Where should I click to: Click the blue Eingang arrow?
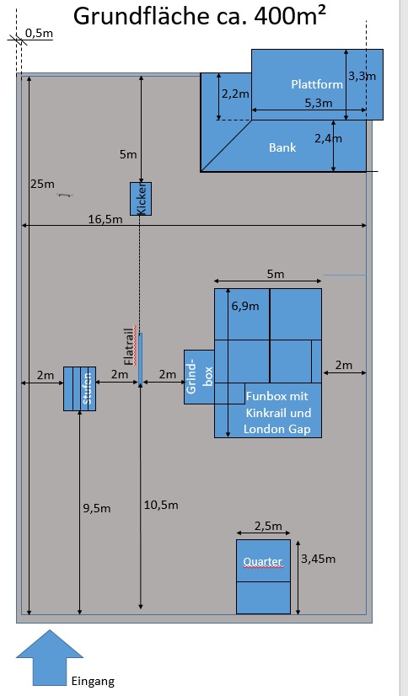50,657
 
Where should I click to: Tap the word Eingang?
93,682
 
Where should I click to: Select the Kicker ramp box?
141,199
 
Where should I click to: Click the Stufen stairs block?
79,388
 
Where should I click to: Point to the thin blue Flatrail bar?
140,359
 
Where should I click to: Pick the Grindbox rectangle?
199,377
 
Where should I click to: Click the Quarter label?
263,561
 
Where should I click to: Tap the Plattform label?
317,84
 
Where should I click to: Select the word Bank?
282,147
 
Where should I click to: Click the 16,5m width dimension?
105,219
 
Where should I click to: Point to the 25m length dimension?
43,184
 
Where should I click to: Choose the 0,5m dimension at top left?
39,34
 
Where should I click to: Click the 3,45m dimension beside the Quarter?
319,559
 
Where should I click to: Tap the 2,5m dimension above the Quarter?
268,526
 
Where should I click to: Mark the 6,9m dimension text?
245,306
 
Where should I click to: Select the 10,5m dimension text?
161,505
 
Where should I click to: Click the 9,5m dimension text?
97,509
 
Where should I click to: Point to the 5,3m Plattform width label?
319,103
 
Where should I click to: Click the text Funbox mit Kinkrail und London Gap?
277,413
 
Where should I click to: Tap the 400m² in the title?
290,16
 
